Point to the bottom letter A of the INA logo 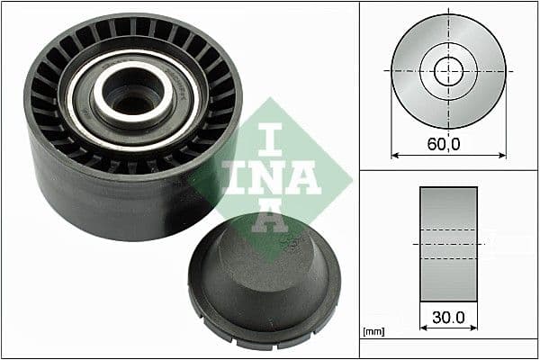(269, 215)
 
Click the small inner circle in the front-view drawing (447, 71)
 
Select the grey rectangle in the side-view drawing (448, 244)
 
